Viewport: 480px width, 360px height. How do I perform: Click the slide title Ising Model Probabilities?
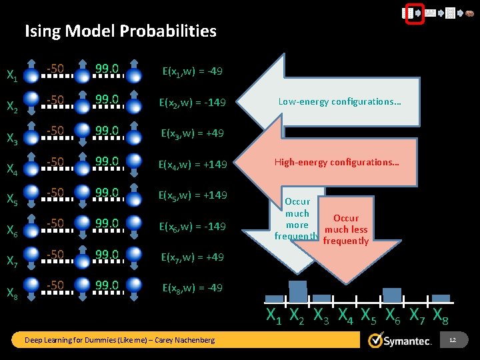[x=121, y=31]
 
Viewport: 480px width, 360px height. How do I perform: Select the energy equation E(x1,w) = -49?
[x=193, y=71]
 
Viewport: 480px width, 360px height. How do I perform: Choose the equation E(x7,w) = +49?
[x=193, y=257]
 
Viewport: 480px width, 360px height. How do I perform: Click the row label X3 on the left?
[x=12, y=138]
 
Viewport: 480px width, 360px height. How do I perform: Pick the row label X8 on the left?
[x=12, y=293]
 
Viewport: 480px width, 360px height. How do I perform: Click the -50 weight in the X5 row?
[x=55, y=193]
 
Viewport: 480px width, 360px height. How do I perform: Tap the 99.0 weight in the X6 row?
[x=107, y=223]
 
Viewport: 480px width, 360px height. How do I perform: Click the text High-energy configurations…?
[x=337, y=162]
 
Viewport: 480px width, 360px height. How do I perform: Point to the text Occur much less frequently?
[x=345, y=229]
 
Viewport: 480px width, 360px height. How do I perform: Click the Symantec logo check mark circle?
[x=376, y=341]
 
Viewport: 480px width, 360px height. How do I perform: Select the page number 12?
[x=453, y=341]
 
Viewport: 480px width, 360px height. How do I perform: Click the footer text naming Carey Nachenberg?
[x=120, y=341]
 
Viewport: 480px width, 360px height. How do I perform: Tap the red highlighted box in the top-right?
[x=415, y=13]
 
